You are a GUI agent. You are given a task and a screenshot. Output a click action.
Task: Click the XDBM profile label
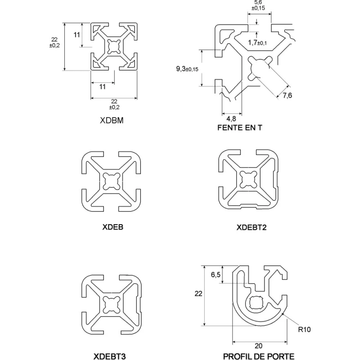tap(112, 120)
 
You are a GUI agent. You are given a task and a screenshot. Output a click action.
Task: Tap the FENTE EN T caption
tap(240, 128)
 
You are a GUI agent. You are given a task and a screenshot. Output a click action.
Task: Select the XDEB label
tap(113, 227)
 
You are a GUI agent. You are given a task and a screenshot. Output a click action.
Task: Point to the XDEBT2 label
tap(252, 227)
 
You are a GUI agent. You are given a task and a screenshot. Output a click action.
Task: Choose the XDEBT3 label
tap(109, 356)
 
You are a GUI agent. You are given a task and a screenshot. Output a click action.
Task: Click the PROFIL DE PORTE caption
tap(258, 356)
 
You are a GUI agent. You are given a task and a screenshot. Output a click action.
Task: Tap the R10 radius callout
tap(305, 329)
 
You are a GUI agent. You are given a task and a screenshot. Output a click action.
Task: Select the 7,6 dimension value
tap(287, 95)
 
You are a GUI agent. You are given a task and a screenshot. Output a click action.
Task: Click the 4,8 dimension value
tap(231, 119)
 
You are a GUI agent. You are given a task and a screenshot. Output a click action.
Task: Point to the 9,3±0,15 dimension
tap(187, 69)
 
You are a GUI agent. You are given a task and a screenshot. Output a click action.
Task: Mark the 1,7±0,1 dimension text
tap(257, 42)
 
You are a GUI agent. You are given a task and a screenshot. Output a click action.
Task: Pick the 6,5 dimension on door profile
tap(216, 274)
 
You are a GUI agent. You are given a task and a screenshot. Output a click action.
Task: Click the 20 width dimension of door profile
tap(258, 346)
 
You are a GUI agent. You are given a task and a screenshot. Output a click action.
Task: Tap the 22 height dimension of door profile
tap(198, 293)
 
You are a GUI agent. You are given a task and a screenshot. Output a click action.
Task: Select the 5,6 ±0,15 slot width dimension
tap(258, 5)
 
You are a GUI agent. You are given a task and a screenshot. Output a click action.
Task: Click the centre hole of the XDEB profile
tap(112, 181)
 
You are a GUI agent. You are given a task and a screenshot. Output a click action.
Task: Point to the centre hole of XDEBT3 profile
tap(112, 305)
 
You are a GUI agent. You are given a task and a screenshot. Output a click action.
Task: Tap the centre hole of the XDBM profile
tap(114, 47)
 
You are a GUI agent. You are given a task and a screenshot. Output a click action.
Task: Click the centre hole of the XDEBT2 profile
tap(248, 179)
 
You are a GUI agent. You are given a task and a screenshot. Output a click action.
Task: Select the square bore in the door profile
tap(256, 302)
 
